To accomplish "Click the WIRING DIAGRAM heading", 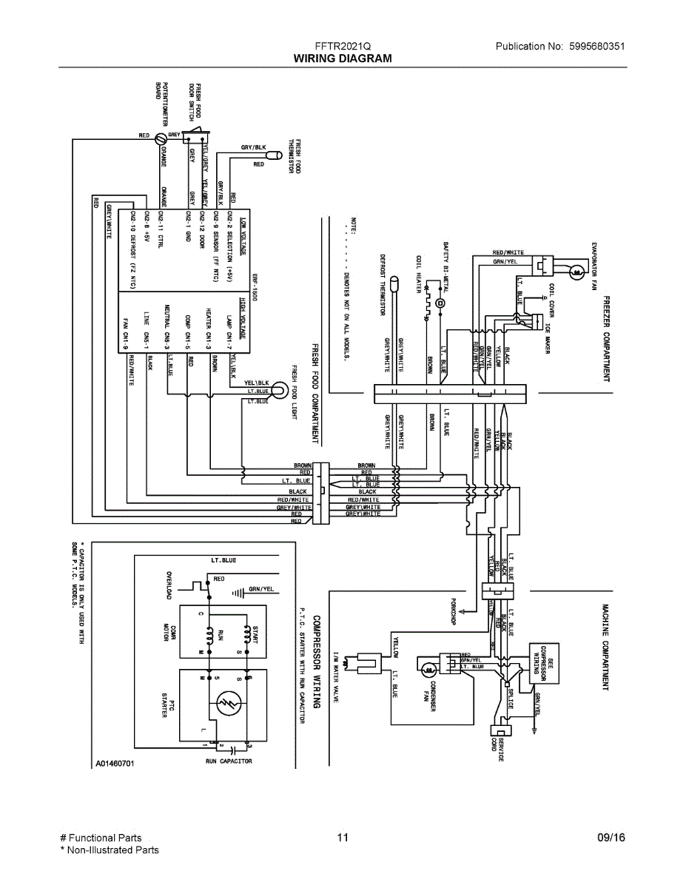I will (343, 58).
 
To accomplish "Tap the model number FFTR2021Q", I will (343, 46).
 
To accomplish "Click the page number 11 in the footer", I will (342, 838).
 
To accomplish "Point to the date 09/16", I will (611, 838).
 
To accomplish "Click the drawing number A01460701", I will (114, 762).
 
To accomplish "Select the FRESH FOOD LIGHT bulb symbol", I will (280, 388).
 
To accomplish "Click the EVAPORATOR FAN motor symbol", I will (576, 273).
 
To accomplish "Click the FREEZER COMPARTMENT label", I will (606, 338).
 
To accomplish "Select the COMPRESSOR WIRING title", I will (316, 661).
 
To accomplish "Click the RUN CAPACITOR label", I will (229, 761).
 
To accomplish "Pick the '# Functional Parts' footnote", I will (101, 838).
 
